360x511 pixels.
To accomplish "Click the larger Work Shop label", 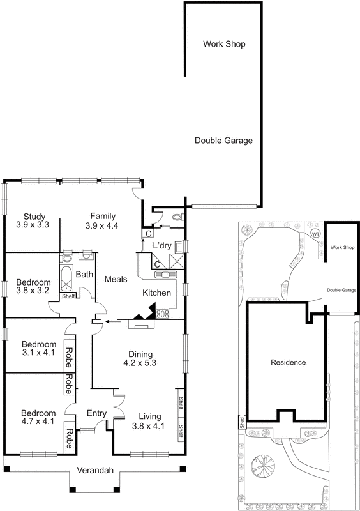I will tap(224, 44).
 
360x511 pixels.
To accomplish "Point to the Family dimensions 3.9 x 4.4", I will tap(103, 225).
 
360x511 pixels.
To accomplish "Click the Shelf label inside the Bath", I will tap(68, 295).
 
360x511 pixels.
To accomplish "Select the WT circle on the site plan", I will tap(315, 234).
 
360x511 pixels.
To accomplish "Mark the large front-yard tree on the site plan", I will tap(260, 464).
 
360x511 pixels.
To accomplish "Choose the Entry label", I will tap(96, 413).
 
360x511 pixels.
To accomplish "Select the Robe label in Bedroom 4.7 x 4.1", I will tap(68, 439).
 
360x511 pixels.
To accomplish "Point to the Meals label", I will tap(117, 279).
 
